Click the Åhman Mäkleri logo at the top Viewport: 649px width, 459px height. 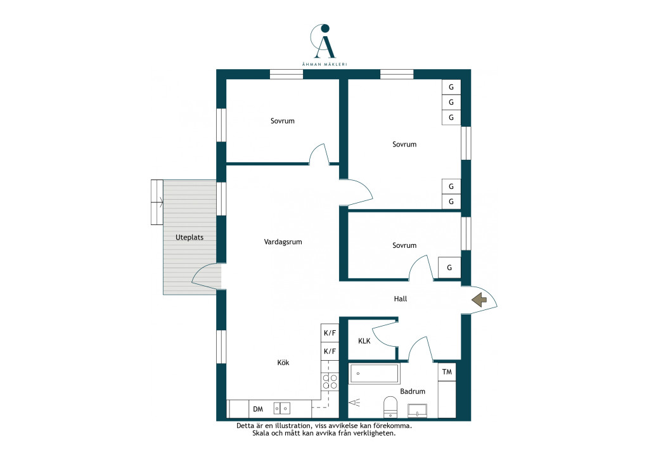(x=324, y=45)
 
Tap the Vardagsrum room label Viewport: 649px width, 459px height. (x=283, y=242)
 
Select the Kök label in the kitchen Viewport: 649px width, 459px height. (x=283, y=363)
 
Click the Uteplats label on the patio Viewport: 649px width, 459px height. (x=190, y=238)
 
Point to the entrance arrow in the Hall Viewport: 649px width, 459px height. (x=479, y=300)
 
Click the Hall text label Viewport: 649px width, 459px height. (x=401, y=299)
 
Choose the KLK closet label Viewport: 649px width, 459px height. (x=364, y=341)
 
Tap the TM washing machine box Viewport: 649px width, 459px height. (x=447, y=372)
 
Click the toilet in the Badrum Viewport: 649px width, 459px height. (x=390, y=406)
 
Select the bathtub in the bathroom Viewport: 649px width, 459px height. (x=375, y=374)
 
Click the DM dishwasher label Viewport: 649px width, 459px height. (x=258, y=410)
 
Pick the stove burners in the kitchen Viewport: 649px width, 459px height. (x=330, y=382)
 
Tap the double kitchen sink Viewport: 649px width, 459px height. (x=282, y=408)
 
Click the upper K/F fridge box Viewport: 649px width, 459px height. (x=330, y=333)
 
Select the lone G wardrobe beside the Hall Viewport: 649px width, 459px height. (x=449, y=268)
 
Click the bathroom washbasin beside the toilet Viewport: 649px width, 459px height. (x=417, y=411)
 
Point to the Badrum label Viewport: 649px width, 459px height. (x=413, y=391)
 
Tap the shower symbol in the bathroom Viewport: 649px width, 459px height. (x=354, y=402)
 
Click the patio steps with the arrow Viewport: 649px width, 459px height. (x=157, y=202)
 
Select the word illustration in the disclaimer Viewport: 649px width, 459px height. (x=292, y=425)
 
